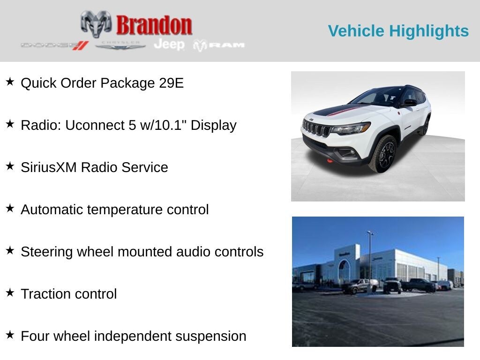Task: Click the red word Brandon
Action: coord(154,25)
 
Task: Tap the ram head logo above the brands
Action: coord(96,23)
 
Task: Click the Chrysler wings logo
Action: coord(120,45)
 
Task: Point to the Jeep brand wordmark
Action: coord(169,45)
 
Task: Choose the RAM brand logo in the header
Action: coord(219,45)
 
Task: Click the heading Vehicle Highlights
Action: coord(398,31)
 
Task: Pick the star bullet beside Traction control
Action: coord(10,293)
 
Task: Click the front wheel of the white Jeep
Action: coord(383,154)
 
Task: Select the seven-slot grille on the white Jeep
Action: coord(316,128)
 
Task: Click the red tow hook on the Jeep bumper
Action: coord(330,161)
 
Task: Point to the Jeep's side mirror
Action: coord(409,102)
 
